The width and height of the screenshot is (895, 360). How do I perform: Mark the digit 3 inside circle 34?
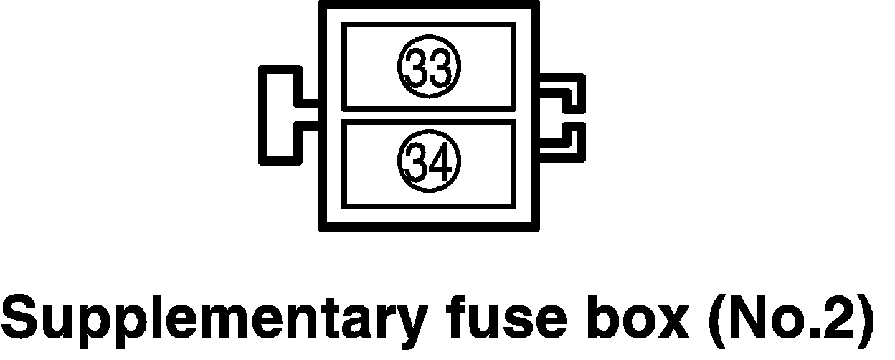(x=418, y=164)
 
